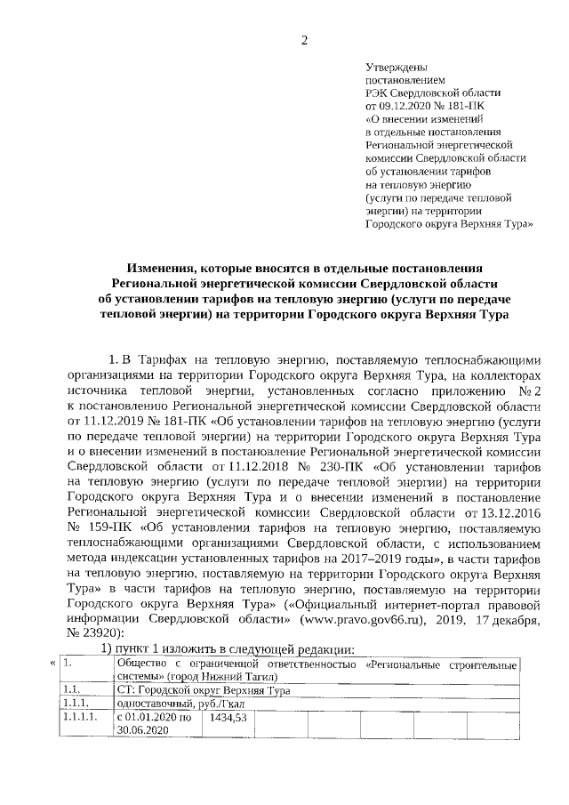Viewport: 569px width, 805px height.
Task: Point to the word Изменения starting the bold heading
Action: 162,268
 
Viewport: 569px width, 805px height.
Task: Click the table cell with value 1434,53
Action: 228,716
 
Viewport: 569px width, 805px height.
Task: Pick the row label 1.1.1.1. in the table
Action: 77,716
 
